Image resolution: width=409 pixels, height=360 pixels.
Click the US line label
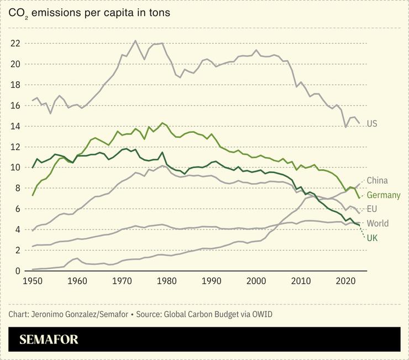tap(372, 123)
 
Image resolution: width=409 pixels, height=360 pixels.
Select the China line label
tap(377, 181)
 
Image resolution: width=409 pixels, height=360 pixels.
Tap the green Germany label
tap(383, 195)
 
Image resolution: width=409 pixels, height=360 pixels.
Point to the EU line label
tap(372, 210)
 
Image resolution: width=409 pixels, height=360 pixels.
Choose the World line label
tap(377, 223)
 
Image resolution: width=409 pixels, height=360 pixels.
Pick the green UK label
tap(372, 238)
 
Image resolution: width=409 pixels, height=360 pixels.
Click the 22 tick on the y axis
tap(15, 43)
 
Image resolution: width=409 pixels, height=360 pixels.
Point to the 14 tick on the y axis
tap(15, 126)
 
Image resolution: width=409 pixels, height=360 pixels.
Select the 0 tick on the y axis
tap(17, 271)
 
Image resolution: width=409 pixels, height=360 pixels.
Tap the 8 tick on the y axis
tap(17, 188)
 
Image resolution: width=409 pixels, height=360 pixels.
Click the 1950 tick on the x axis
tap(33, 281)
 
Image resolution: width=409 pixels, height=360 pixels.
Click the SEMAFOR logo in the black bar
tap(49, 340)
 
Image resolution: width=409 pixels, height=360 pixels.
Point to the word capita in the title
tap(114, 12)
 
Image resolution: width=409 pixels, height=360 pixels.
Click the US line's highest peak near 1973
tap(135, 40)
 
